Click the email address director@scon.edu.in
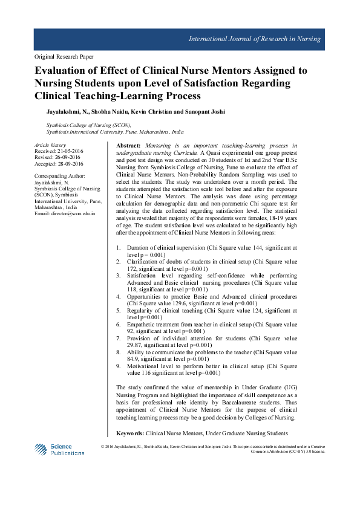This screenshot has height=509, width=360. pyautogui.click(x=75, y=214)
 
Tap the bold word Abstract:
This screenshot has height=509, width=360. pyautogui.click(x=128, y=146)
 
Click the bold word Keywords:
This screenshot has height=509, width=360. pyautogui.click(x=130, y=433)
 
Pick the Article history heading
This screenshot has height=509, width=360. pyautogui.click(x=49, y=146)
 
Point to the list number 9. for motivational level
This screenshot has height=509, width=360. pyautogui.click(x=118, y=366)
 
